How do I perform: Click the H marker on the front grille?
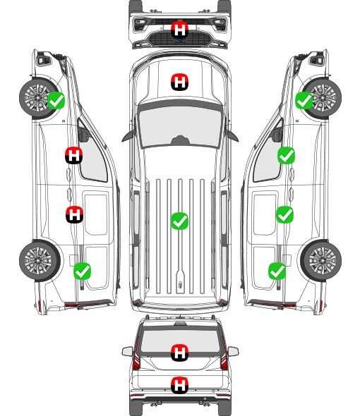180,30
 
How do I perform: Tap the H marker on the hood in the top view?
180,82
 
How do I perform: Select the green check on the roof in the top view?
180,221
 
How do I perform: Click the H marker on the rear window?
180,353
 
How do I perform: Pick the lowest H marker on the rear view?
180,385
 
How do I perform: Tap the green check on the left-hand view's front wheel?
56,100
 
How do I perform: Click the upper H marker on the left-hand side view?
74,155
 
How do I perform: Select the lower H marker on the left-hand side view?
74,214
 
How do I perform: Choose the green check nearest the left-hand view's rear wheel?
82,271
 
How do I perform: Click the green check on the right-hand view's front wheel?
304,101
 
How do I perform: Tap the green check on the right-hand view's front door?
286,155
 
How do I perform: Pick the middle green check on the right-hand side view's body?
285,214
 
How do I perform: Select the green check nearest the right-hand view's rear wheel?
277,271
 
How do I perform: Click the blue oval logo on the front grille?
180,41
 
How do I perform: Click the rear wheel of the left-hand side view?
40,261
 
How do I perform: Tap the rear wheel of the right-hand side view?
321,261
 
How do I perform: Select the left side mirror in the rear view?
128,352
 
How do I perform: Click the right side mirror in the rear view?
233,352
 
